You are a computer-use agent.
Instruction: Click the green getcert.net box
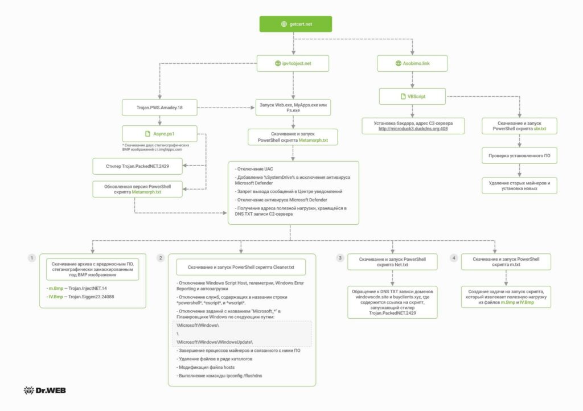pos(295,24)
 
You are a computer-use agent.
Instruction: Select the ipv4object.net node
pos(293,63)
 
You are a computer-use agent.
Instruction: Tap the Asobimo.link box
pos(412,63)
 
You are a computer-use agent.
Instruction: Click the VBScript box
pos(412,96)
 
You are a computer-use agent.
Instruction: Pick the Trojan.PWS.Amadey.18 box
pos(160,106)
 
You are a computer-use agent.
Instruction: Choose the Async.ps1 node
pos(160,134)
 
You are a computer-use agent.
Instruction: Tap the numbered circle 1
pos(32,258)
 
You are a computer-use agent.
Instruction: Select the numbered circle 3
pos(340,258)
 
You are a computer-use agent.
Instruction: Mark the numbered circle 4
pos(454,258)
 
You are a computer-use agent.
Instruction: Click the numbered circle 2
pos(161,258)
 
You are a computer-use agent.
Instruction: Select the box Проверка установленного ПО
pos(519,155)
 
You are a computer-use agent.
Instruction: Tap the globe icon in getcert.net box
pos(284,24)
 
